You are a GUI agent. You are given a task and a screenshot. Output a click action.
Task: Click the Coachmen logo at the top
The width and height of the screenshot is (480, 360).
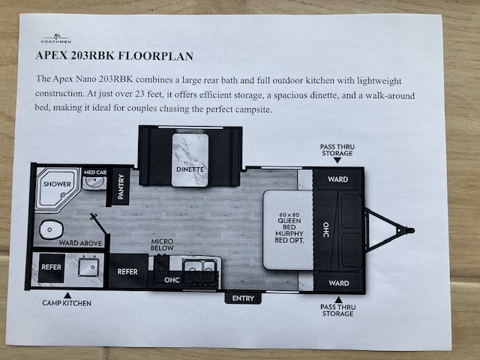click(x=56, y=38)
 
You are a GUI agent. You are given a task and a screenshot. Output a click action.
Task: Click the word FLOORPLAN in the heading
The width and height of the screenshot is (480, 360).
click(x=155, y=56)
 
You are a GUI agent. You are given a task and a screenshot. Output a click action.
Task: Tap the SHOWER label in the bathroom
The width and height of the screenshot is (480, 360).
click(x=57, y=184)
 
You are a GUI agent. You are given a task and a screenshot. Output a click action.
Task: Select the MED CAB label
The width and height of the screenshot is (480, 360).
click(x=95, y=172)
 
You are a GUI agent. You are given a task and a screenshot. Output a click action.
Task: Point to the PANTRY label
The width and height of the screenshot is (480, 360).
click(x=121, y=187)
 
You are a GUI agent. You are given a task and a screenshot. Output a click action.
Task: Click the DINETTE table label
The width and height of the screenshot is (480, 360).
click(x=190, y=169)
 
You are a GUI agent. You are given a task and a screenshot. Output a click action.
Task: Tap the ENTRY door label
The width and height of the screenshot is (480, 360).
click(x=243, y=298)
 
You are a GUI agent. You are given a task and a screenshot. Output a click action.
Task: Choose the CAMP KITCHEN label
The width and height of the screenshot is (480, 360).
click(x=67, y=303)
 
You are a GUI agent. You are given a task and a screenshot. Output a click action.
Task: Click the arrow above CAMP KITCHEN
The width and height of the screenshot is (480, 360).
click(x=67, y=295)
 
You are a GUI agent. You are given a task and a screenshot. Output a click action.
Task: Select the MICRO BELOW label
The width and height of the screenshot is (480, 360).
click(x=162, y=244)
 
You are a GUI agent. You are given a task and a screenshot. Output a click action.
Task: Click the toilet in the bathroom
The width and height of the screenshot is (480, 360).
click(x=51, y=229)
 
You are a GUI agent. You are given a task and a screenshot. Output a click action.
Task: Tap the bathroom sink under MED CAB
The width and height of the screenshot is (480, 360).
click(x=94, y=182)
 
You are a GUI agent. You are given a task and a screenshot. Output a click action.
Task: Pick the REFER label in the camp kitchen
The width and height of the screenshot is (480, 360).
click(x=51, y=267)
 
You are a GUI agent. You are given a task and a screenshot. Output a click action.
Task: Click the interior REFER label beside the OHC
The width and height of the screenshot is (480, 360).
click(x=127, y=271)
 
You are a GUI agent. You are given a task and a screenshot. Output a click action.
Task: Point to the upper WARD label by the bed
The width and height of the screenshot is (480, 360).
click(x=338, y=179)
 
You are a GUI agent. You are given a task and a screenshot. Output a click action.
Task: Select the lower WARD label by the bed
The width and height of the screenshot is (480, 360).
click(x=339, y=283)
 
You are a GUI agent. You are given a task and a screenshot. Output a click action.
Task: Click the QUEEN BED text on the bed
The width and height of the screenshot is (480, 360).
click(x=289, y=223)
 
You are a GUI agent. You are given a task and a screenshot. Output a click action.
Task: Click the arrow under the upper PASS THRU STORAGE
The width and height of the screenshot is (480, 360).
click(x=337, y=160)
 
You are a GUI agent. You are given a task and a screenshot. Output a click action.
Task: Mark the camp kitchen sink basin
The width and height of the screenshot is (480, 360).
click(x=88, y=267)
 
